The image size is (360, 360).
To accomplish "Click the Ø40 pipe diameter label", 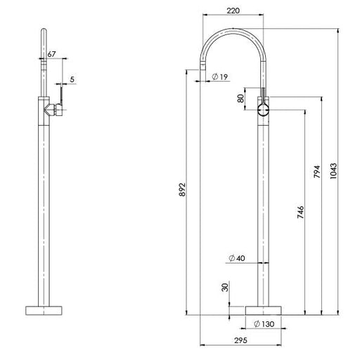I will [x=237, y=258].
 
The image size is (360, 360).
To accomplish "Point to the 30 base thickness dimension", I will [x=225, y=288].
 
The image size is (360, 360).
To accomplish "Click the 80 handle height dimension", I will [x=240, y=98].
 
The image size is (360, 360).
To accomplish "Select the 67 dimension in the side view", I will [x=51, y=53].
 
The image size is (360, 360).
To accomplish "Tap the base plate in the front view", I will [x=264, y=310].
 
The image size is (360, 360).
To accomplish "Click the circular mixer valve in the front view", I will [x=264, y=110].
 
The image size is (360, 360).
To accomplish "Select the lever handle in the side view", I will [x=61, y=98].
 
